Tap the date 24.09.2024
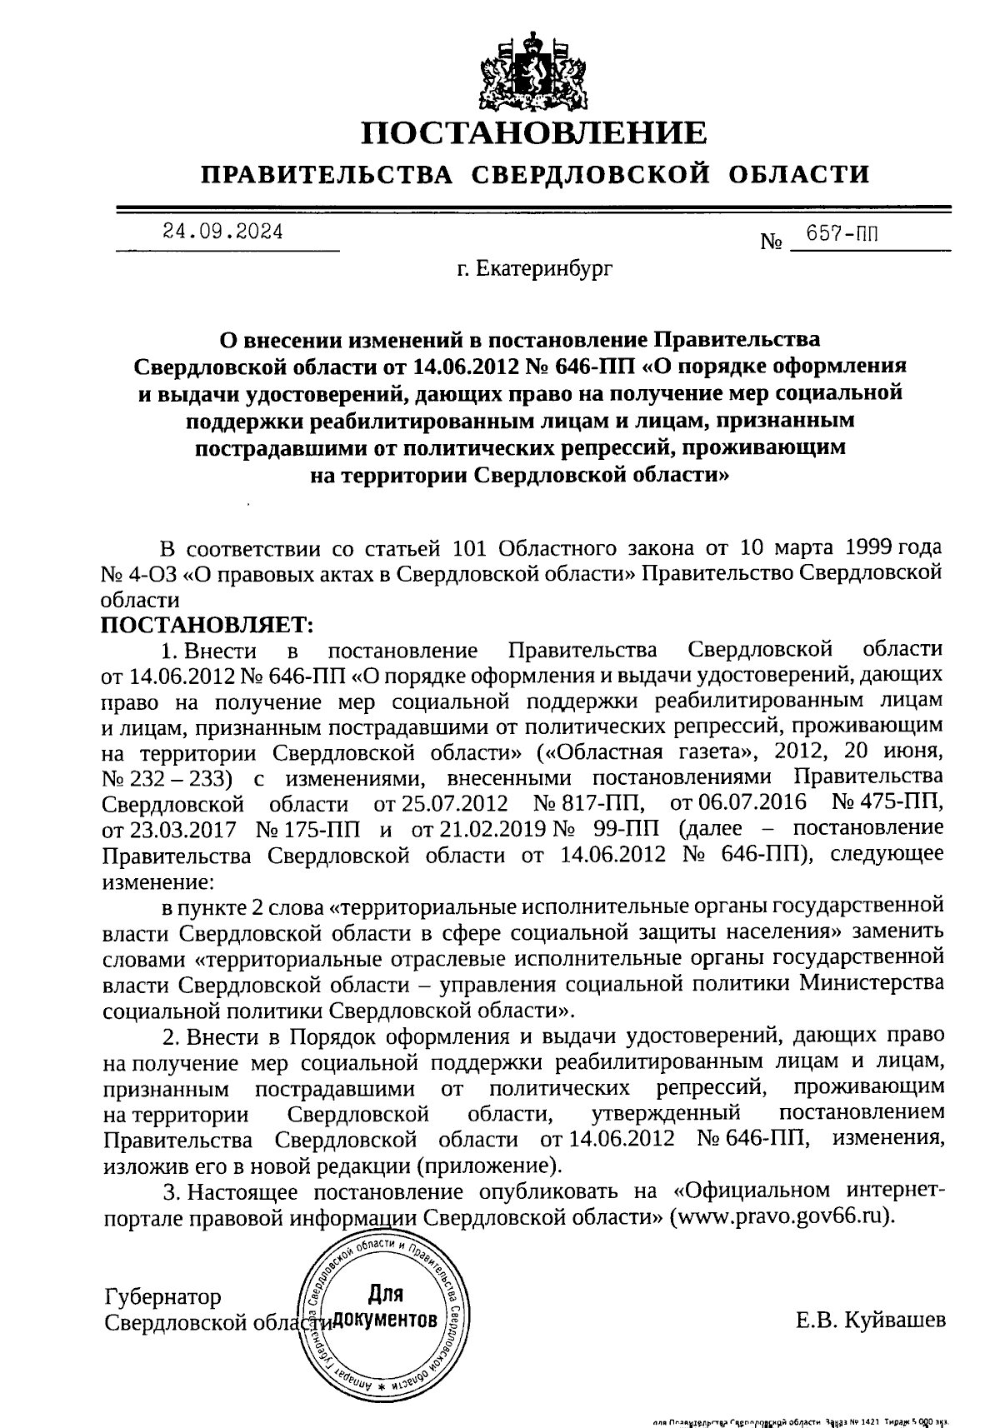coord(223,232)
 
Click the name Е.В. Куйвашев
coord(871,1321)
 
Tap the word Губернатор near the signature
coord(163,1297)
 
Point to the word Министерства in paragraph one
coord(872,984)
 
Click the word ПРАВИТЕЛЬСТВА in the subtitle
coord(329,175)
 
